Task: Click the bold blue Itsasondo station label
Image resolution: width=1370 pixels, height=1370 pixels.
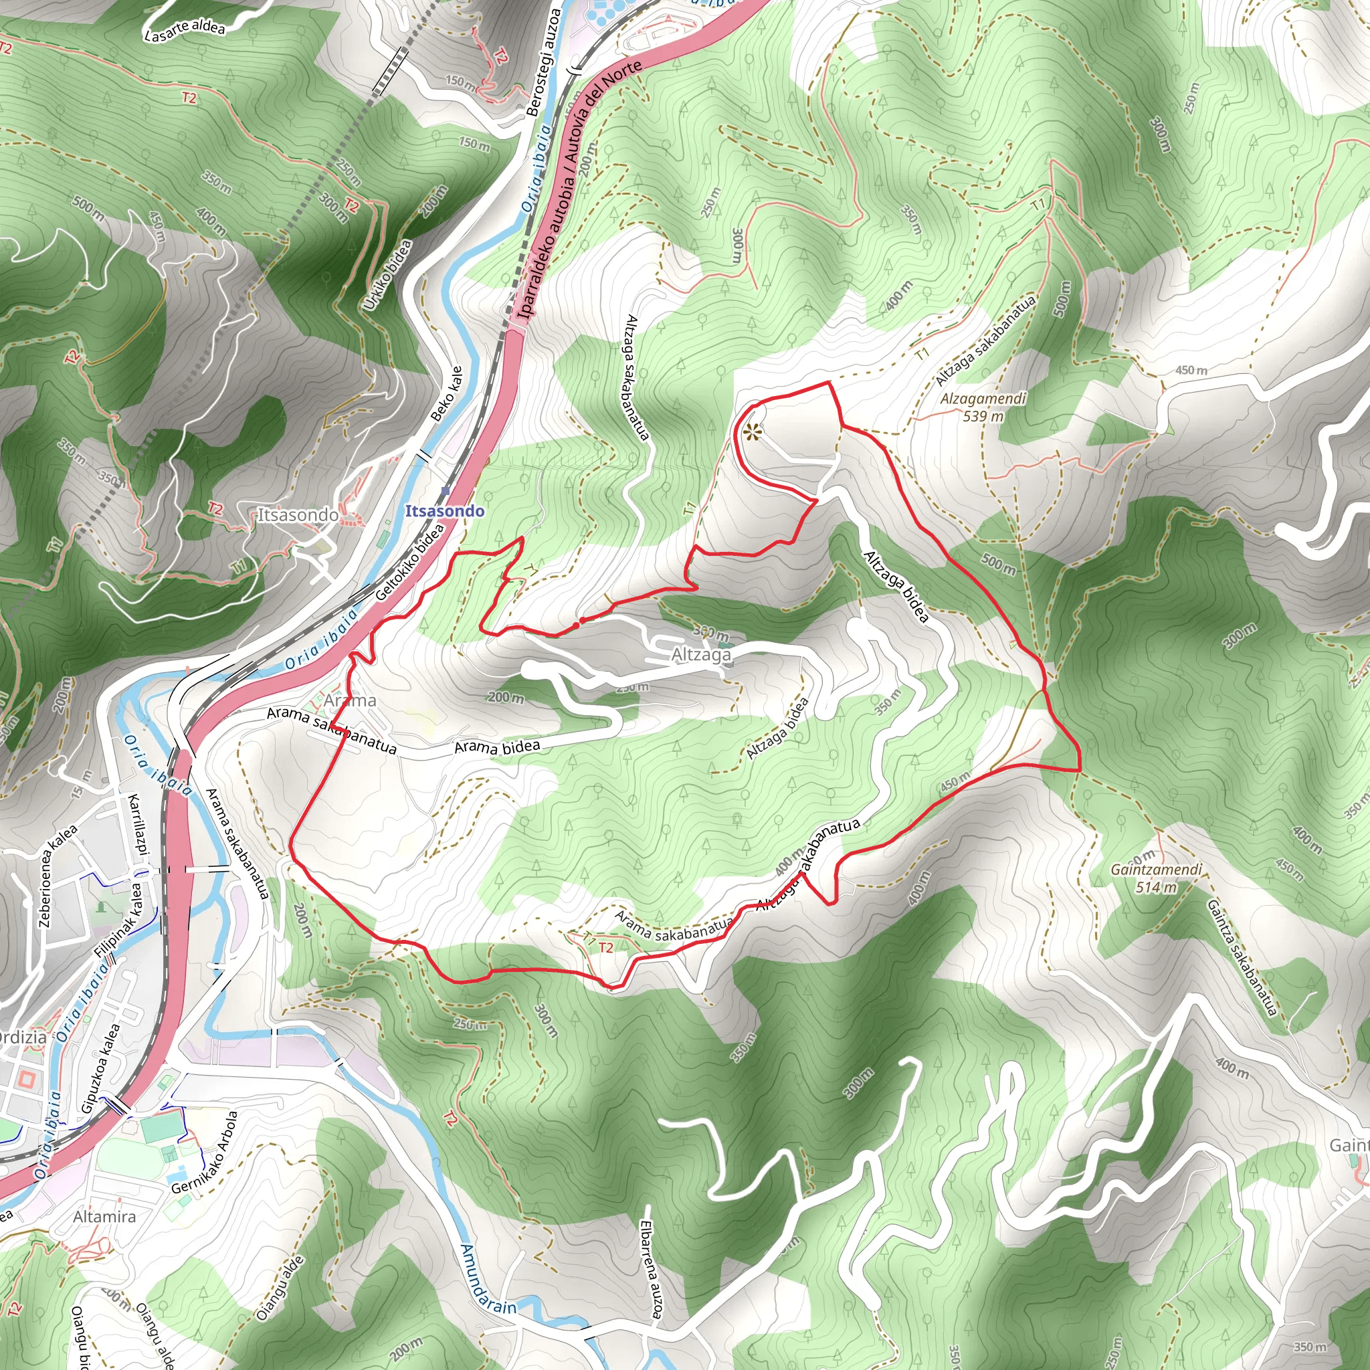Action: (445, 510)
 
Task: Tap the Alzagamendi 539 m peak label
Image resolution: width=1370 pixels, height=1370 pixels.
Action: (983, 407)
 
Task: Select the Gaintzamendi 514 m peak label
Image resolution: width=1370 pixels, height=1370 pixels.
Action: (1156, 878)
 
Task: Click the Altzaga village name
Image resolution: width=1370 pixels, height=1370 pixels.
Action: (700, 654)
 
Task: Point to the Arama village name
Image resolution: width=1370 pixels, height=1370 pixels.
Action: (351, 700)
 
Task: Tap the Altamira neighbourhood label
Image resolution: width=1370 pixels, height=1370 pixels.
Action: (104, 1216)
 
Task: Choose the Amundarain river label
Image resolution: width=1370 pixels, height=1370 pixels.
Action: (488, 1279)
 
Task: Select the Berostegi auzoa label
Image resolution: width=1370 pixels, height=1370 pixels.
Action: (545, 62)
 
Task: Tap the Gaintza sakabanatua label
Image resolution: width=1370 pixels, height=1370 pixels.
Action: (1241, 957)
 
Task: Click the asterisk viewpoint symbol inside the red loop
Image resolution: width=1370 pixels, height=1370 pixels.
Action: (752, 431)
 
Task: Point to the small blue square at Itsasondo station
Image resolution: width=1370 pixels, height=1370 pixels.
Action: (446, 491)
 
